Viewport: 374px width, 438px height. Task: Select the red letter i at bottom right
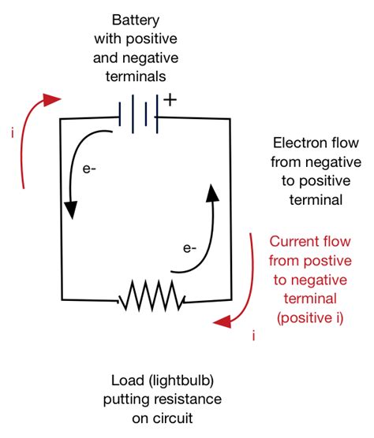[x=253, y=336]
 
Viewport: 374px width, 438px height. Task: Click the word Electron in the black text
[x=294, y=144]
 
